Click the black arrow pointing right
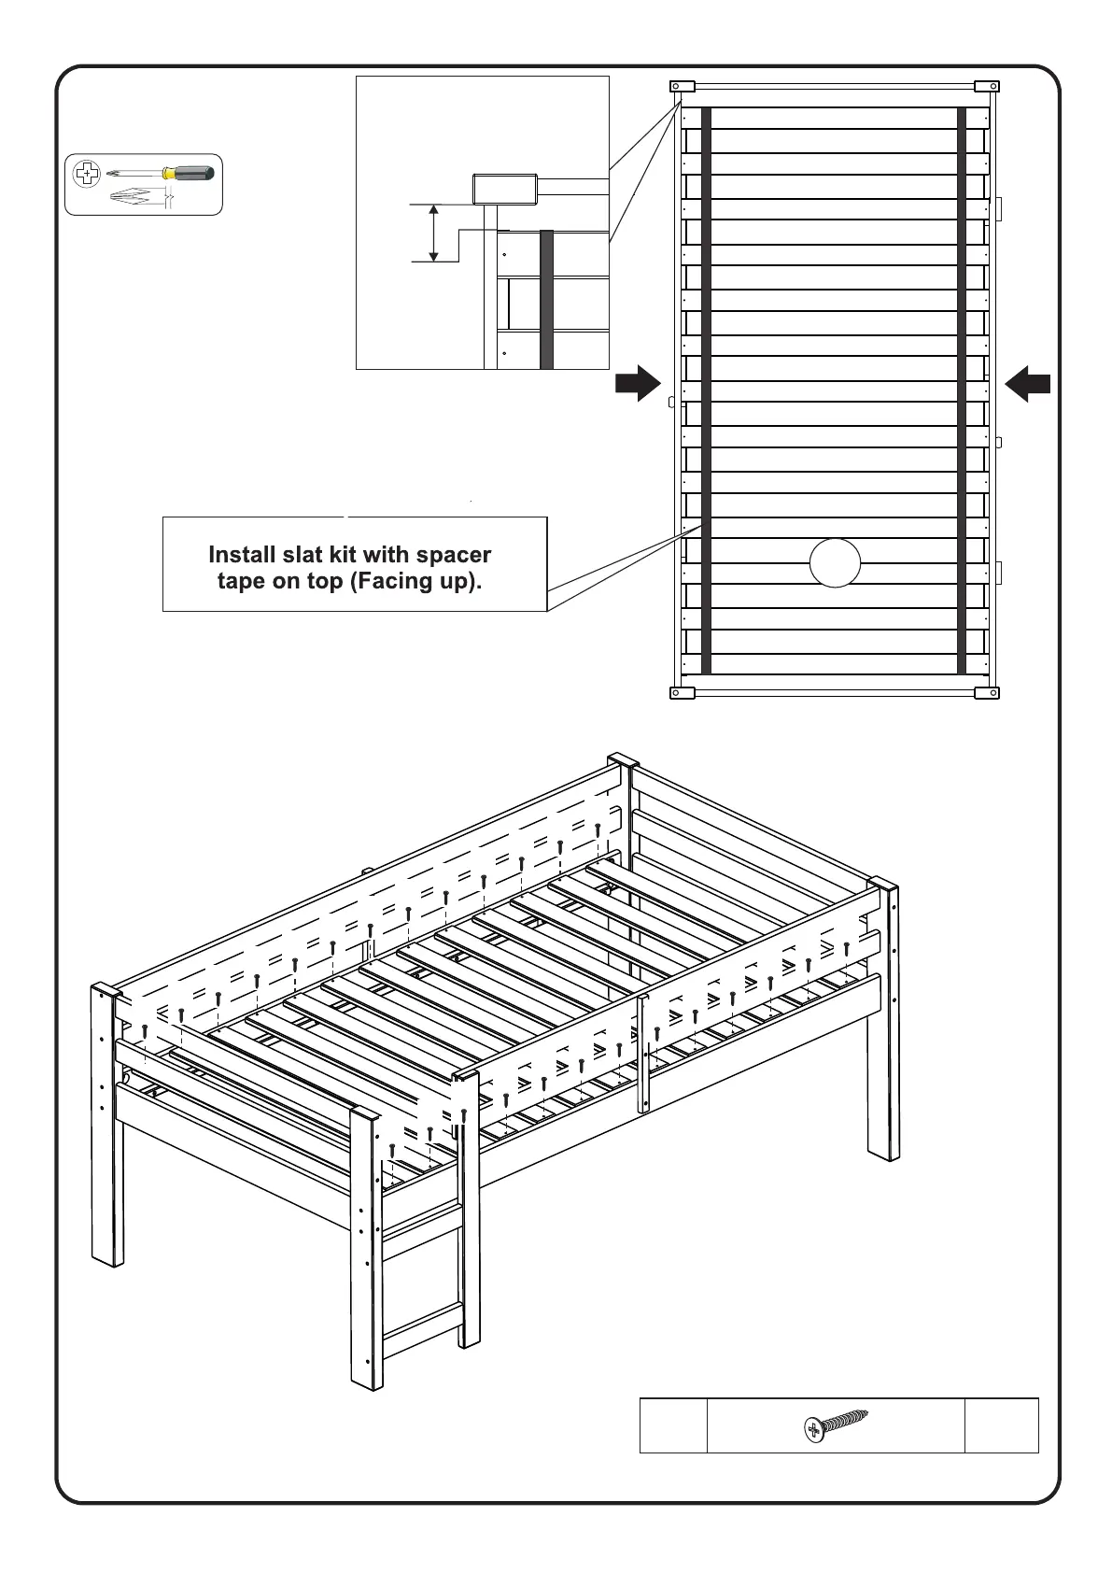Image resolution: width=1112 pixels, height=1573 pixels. click(x=638, y=383)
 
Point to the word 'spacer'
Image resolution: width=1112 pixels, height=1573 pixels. click(x=454, y=555)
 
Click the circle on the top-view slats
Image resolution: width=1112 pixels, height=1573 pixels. click(x=835, y=563)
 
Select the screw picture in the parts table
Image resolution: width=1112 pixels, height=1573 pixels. click(x=836, y=1425)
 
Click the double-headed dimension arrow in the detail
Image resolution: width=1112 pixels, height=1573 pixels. click(x=434, y=234)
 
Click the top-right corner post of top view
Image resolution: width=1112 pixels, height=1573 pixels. click(x=987, y=87)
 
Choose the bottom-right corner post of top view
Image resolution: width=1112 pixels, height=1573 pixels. click(x=987, y=693)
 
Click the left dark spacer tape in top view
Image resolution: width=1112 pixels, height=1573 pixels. click(x=706, y=390)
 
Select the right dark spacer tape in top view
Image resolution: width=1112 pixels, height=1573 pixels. click(x=962, y=390)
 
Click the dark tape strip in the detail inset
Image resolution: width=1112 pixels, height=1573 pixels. click(x=546, y=299)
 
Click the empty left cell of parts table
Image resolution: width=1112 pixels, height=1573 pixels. click(x=673, y=1425)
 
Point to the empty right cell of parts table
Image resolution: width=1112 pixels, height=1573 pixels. click(x=1001, y=1425)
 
